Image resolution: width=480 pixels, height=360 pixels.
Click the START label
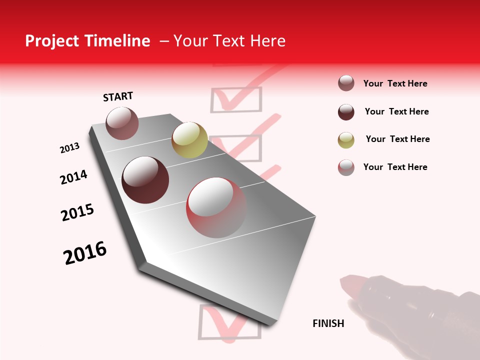click(118, 96)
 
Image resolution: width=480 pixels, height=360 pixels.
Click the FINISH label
click(328, 323)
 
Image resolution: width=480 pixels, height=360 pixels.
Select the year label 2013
click(69, 148)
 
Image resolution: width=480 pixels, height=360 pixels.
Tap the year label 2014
click(73, 177)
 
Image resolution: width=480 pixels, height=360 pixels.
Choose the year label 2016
click(85, 253)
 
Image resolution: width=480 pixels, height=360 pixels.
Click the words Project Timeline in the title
click(87, 41)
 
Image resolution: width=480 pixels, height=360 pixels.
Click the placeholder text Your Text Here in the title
click(229, 41)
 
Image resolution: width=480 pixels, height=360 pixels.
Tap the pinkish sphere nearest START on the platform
click(122, 123)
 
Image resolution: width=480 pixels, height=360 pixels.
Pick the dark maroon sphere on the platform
click(145, 180)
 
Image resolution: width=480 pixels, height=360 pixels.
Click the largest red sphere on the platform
click(216, 207)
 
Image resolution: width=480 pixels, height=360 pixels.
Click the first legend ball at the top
click(346, 83)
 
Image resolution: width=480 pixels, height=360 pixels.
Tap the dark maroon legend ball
click(346, 112)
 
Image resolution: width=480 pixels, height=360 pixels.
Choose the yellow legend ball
click(346, 140)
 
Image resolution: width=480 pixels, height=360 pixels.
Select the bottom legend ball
click(346, 167)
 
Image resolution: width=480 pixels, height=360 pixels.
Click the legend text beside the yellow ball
click(397, 139)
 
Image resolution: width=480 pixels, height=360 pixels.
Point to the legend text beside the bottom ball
click(395, 167)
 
